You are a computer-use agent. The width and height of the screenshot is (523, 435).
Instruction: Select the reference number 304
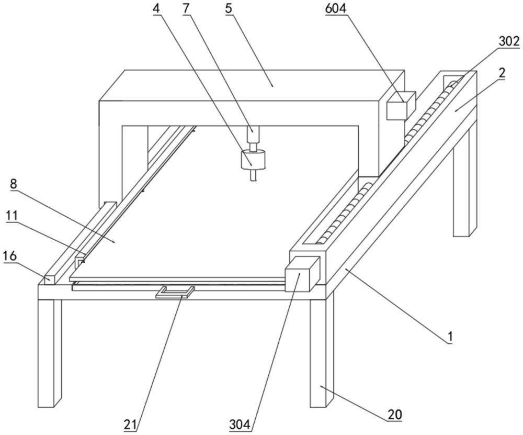tap(240, 424)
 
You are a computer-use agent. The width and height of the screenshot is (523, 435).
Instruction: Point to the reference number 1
tap(448, 338)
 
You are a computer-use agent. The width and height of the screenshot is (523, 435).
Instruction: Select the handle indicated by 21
tap(175, 291)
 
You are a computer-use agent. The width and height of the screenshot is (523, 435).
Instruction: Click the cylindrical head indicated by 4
tap(253, 160)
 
